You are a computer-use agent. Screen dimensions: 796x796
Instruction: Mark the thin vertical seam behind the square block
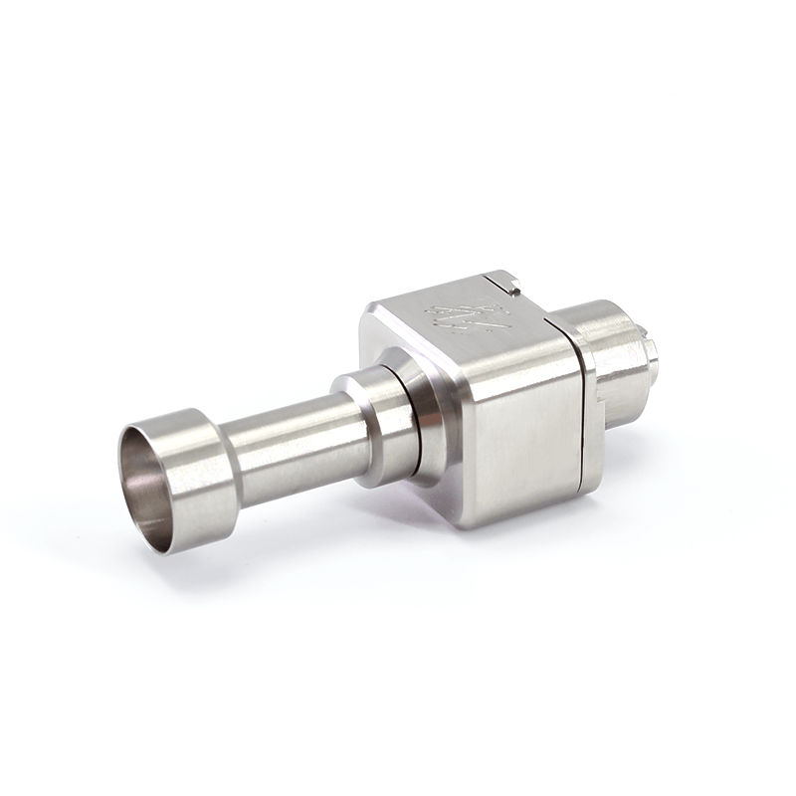point(579,408)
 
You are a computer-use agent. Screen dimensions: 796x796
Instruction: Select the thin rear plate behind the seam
point(588,398)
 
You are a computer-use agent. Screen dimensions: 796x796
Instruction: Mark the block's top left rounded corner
point(368,313)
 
